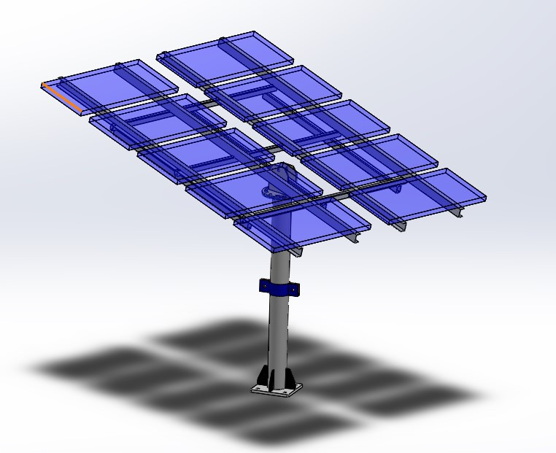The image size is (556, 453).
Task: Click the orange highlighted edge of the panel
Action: coord(61,98)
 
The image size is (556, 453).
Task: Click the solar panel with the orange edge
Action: coord(109,85)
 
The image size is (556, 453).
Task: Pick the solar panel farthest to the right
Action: coord(423,195)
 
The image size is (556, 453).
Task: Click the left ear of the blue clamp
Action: coord(263,285)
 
